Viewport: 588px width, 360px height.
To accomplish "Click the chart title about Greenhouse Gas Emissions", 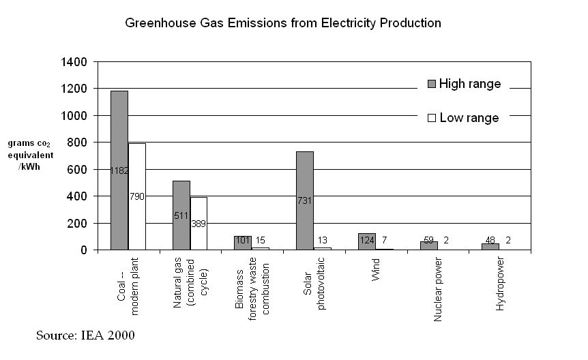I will pyautogui.click(x=282, y=23).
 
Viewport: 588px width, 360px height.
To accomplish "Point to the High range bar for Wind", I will pyautogui.click(x=366, y=241).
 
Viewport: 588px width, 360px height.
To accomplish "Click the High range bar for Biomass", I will pyautogui.click(x=243, y=243).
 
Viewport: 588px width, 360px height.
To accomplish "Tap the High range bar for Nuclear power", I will pyautogui.click(x=428, y=245).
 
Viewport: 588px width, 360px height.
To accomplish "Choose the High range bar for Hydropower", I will pyautogui.click(x=490, y=246).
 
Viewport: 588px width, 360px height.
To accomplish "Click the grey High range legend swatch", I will pyautogui.click(x=431, y=84).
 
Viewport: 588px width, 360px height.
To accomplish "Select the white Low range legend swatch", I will pyautogui.click(x=431, y=118).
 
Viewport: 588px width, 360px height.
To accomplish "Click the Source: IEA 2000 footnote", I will pyautogui.click(x=85, y=335).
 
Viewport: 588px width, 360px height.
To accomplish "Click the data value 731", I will pyautogui.click(x=304, y=201).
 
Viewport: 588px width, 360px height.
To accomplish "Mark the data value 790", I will pyautogui.click(x=137, y=197).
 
